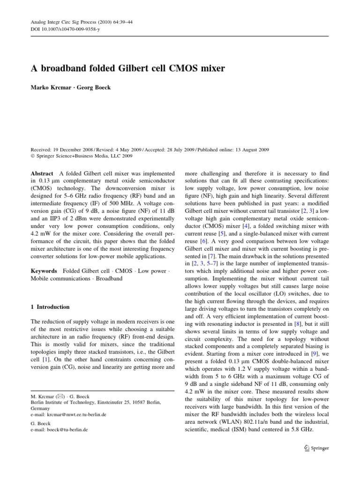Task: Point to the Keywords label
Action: tap(44, 271)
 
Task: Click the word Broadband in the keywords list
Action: tap(110, 278)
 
